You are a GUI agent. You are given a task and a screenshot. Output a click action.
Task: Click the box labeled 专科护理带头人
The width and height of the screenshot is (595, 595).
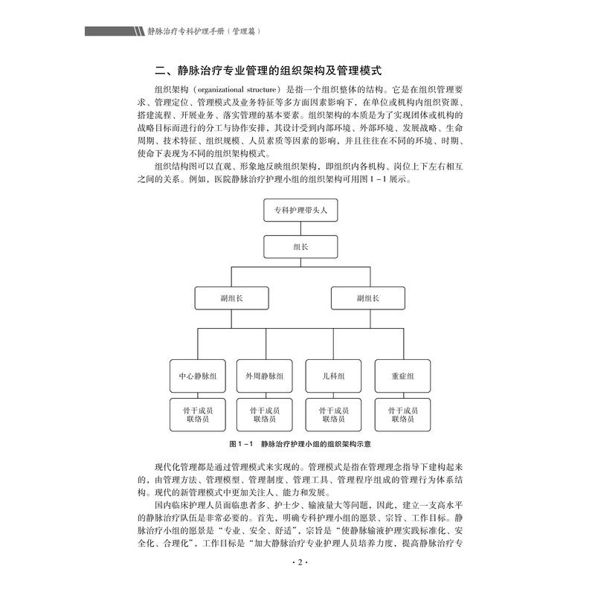coord(300,210)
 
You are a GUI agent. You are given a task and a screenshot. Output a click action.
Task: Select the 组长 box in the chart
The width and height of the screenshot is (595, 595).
coord(300,247)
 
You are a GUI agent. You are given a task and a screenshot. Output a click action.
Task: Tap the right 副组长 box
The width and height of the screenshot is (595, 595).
coord(367,298)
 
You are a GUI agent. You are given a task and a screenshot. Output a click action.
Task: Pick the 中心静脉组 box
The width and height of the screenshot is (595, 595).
coord(198,376)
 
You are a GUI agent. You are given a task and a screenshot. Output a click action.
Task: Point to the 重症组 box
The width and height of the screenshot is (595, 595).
coord(402,376)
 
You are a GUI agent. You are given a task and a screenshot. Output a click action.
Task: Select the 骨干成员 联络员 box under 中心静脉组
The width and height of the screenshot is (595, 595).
coord(198,414)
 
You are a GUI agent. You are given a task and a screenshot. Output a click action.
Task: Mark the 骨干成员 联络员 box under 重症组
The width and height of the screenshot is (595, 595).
coord(402,414)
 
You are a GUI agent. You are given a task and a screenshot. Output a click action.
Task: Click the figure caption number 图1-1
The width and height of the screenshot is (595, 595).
coord(242,444)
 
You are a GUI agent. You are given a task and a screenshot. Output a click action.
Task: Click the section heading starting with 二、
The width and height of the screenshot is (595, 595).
coord(268,71)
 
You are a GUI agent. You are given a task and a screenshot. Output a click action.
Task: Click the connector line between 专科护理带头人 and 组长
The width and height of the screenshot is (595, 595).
coord(300,228)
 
